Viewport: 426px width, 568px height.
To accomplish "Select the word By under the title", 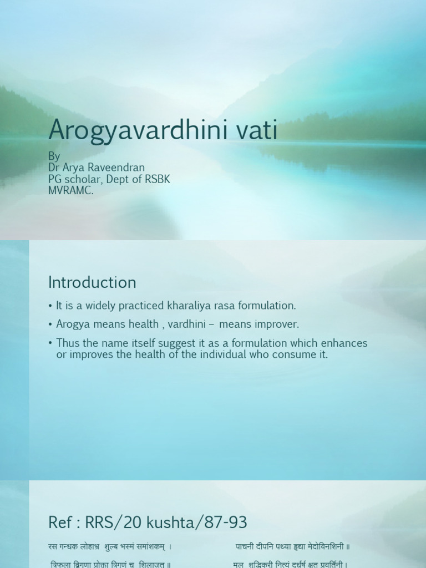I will [x=54, y=156].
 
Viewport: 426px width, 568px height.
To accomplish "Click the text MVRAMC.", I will [x=72, y=190].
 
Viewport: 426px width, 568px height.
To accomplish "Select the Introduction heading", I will [x=92, y=282].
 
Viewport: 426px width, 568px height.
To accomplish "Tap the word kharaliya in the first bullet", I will [x=187, y=306].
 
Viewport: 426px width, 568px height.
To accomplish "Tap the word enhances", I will [x=344, y=343].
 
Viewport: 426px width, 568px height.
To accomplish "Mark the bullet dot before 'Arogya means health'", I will [x=50, y=324].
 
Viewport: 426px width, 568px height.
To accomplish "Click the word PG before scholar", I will [x=55, y=179].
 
